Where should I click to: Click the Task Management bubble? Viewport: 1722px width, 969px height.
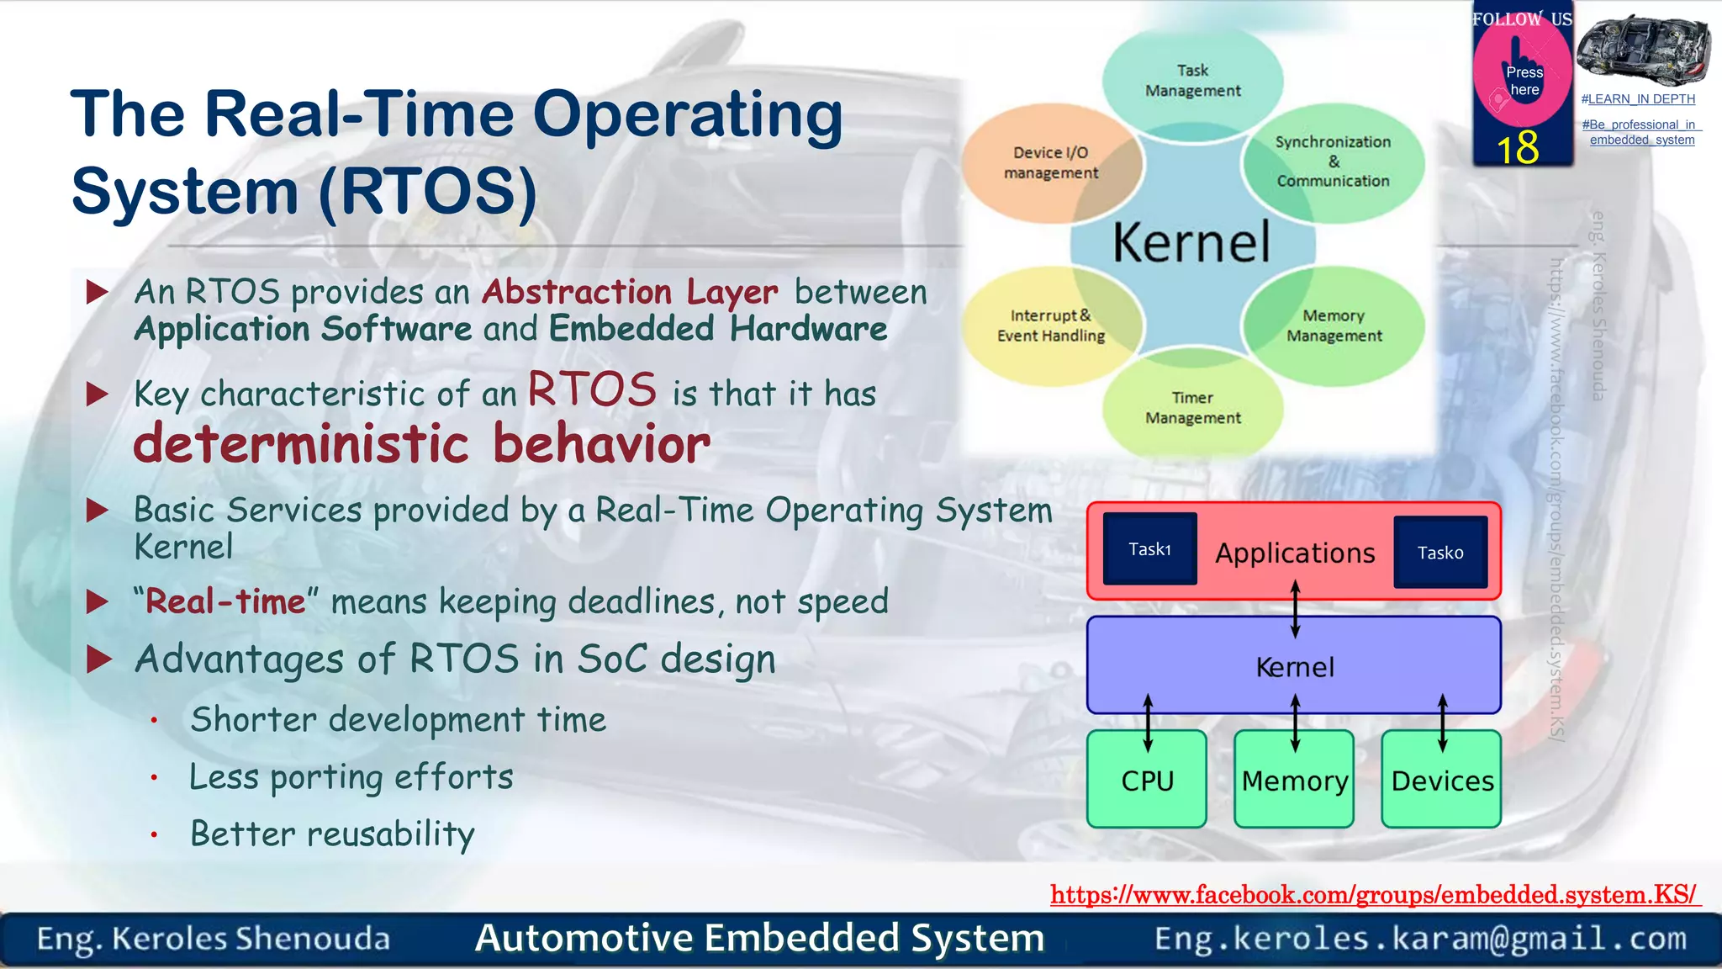tap(1192, 81)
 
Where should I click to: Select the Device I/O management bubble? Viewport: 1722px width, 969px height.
tap(1050, 162)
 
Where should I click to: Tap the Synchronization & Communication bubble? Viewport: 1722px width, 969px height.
tap(1333, 161)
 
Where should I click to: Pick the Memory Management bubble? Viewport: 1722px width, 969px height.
tap(1334, 326)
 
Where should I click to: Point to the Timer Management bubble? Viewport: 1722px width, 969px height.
tap(1192, 408)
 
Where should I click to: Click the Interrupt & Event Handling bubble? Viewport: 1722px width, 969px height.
tap(1050, 326)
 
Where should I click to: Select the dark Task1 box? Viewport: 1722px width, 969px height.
tap(1149, 549)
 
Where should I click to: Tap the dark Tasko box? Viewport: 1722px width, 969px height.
tap(1439, 553)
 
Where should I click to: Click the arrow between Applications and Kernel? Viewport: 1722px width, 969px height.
tap(1295, 609)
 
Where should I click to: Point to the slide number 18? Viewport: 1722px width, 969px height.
tap(1518, 148)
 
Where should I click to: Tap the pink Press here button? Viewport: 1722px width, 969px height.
tap(1523, 80)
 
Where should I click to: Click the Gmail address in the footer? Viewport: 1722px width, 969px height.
tap(1420, 939)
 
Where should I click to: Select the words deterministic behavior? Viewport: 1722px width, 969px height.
tap(421, 444)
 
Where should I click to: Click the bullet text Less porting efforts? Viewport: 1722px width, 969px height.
tap(351, 777)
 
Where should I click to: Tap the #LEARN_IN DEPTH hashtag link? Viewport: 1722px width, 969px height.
tap(1638, 99)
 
